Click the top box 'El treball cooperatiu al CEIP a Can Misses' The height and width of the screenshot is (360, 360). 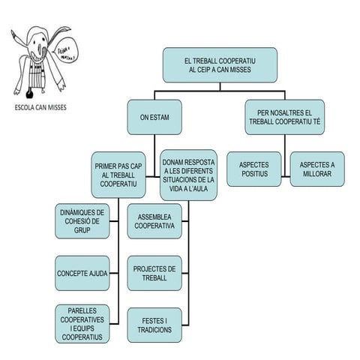point(220,65)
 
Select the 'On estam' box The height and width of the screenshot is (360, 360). point(154,116)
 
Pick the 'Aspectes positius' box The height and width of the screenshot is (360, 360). point(253,169)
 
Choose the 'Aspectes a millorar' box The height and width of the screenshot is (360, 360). point(317,169)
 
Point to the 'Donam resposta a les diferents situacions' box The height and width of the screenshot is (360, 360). point(189,174)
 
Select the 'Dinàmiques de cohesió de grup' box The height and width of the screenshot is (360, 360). point(82,221)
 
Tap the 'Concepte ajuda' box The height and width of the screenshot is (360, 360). point(82,274)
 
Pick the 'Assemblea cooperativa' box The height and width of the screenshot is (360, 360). point(154,221)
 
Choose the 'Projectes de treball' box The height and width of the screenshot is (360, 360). point(154,274)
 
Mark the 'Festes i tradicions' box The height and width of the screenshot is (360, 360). point(154,324)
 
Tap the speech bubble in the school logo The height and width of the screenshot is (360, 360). point(67,53)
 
